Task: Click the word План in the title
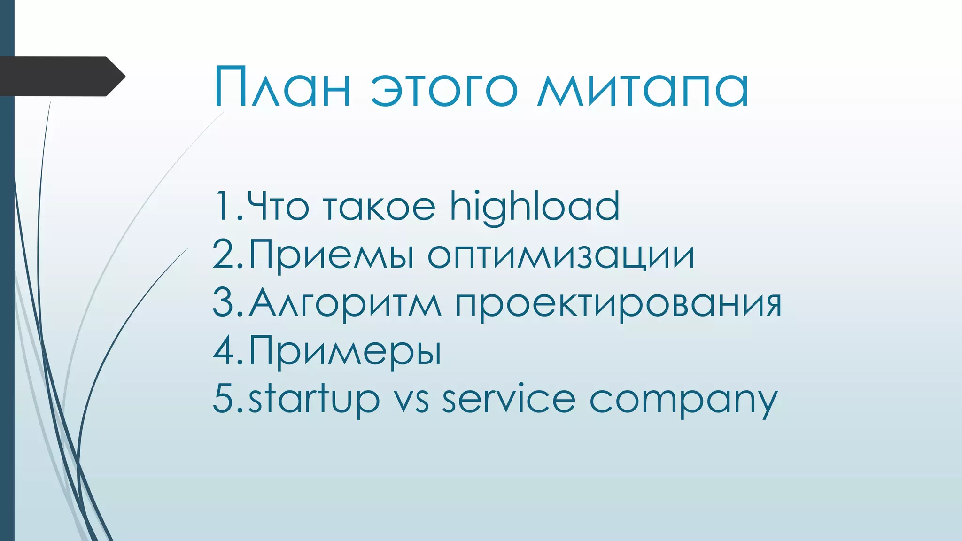282,87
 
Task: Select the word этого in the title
444,89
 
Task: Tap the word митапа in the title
643,89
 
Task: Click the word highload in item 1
535,207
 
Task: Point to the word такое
380,208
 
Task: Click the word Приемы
331,255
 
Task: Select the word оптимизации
560,256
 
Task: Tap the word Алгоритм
345,303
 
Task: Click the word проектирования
618,304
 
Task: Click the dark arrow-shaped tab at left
61,77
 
